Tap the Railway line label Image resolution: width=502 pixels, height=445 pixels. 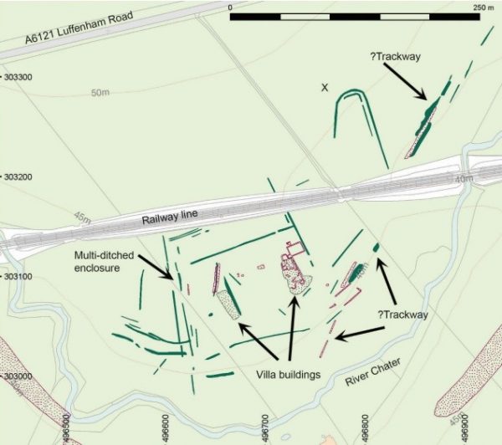click(170, 217)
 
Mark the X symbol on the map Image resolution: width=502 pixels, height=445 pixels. click(325, 87)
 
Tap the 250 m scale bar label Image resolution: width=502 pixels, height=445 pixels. click(484, 6)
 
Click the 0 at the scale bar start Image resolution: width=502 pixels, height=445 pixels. click(230, 6)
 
